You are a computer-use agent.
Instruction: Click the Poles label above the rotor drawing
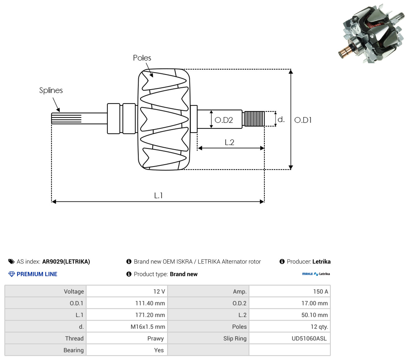click(142, 58)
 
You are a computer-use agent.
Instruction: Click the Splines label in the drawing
click(51, 90)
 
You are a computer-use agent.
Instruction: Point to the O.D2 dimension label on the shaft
click(224, 120)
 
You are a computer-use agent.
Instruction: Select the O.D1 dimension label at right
click(303, 120)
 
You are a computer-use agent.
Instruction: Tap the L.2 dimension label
click(229, 142)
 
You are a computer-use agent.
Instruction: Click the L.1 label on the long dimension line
click(158, 195)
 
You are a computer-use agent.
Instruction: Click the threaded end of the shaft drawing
click(254, 119)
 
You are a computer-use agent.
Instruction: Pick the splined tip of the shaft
click(66, 118)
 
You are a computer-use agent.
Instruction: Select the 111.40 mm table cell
click(150, 303)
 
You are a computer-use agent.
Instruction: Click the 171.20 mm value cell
click(150, 315)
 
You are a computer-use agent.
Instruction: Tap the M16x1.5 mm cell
click(148, 327)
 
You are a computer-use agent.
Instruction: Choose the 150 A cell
click(321, 292)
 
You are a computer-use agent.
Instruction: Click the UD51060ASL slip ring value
click(309, 338)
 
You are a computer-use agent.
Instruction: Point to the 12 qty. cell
click(319, 327)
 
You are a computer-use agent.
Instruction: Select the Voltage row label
click(74, 292)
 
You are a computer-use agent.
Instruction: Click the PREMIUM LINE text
click(37, 274)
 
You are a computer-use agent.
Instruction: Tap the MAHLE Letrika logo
click(316, 274)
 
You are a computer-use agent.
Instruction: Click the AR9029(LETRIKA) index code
click(66, 261)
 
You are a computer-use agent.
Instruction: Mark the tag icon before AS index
click(11, 261)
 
